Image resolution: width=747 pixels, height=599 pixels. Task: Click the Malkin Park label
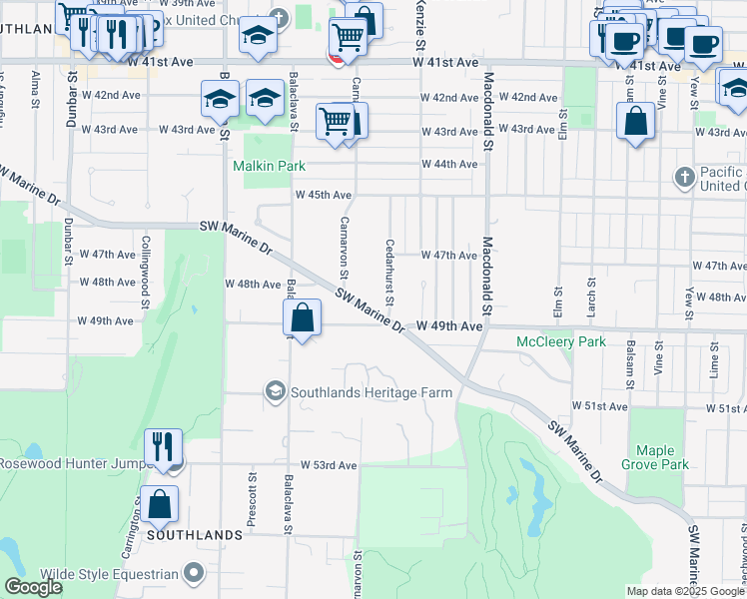(x=269, y=166)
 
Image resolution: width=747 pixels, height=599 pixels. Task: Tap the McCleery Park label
(x=561, y=342)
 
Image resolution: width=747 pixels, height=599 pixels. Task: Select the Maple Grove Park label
(x=662, y=457)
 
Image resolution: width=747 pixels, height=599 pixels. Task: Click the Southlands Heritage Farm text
(x=372, y=392)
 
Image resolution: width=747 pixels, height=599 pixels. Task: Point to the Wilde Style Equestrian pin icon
(x=194, y=573)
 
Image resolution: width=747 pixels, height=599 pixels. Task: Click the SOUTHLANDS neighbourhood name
(x=195, y=535)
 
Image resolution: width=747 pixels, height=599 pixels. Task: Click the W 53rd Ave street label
(x=329, y=465)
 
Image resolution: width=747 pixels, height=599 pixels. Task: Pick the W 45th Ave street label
(x=324, y=195)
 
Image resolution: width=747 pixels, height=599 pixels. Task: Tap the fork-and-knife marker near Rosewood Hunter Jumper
(x=163, y=447)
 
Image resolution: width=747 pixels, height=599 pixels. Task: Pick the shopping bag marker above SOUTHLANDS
(x=160, y=504)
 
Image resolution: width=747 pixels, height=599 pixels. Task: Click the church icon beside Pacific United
(x=684, y=178)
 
